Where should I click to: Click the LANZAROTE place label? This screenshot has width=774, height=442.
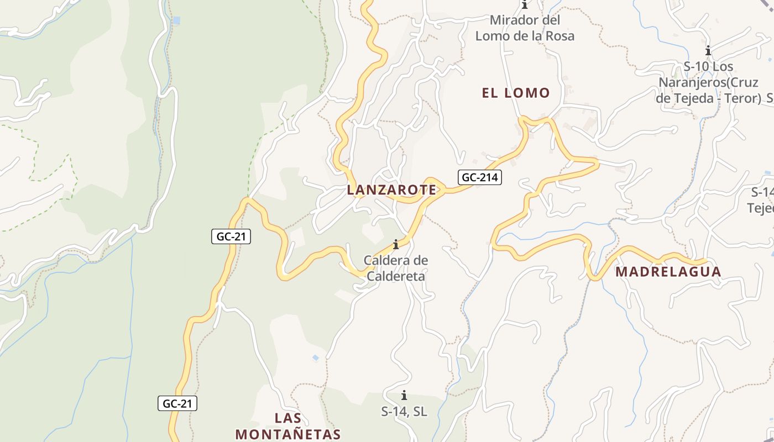click(x=391, y=190)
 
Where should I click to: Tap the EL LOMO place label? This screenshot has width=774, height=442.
click(x=516, y=93)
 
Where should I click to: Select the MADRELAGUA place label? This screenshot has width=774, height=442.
click(x=668, y=271)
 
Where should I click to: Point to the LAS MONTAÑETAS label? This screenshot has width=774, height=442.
click(x=288, y=425)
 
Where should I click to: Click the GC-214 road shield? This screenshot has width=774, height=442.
click(x=479, y=177)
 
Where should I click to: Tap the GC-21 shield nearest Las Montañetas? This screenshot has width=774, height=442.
click(x=177, y=403)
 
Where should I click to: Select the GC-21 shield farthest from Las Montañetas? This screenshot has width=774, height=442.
click(x=231, y=236)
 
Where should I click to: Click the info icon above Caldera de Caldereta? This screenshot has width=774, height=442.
click(x=395, y=244)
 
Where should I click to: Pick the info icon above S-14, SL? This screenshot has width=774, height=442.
click(x=404, y=395)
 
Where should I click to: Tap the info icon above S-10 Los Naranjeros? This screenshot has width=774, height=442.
click(x=708, y=51)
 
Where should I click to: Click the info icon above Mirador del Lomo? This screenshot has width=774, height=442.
click(x=524, y=5)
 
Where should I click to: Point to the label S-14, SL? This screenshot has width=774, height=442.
click(x=404, y=411)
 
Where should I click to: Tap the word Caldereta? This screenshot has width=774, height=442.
click(x=396, y=276)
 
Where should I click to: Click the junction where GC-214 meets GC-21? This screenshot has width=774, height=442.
click(x=248, y=199)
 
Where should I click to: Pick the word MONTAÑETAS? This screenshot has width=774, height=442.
click(x=288, y=434)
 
